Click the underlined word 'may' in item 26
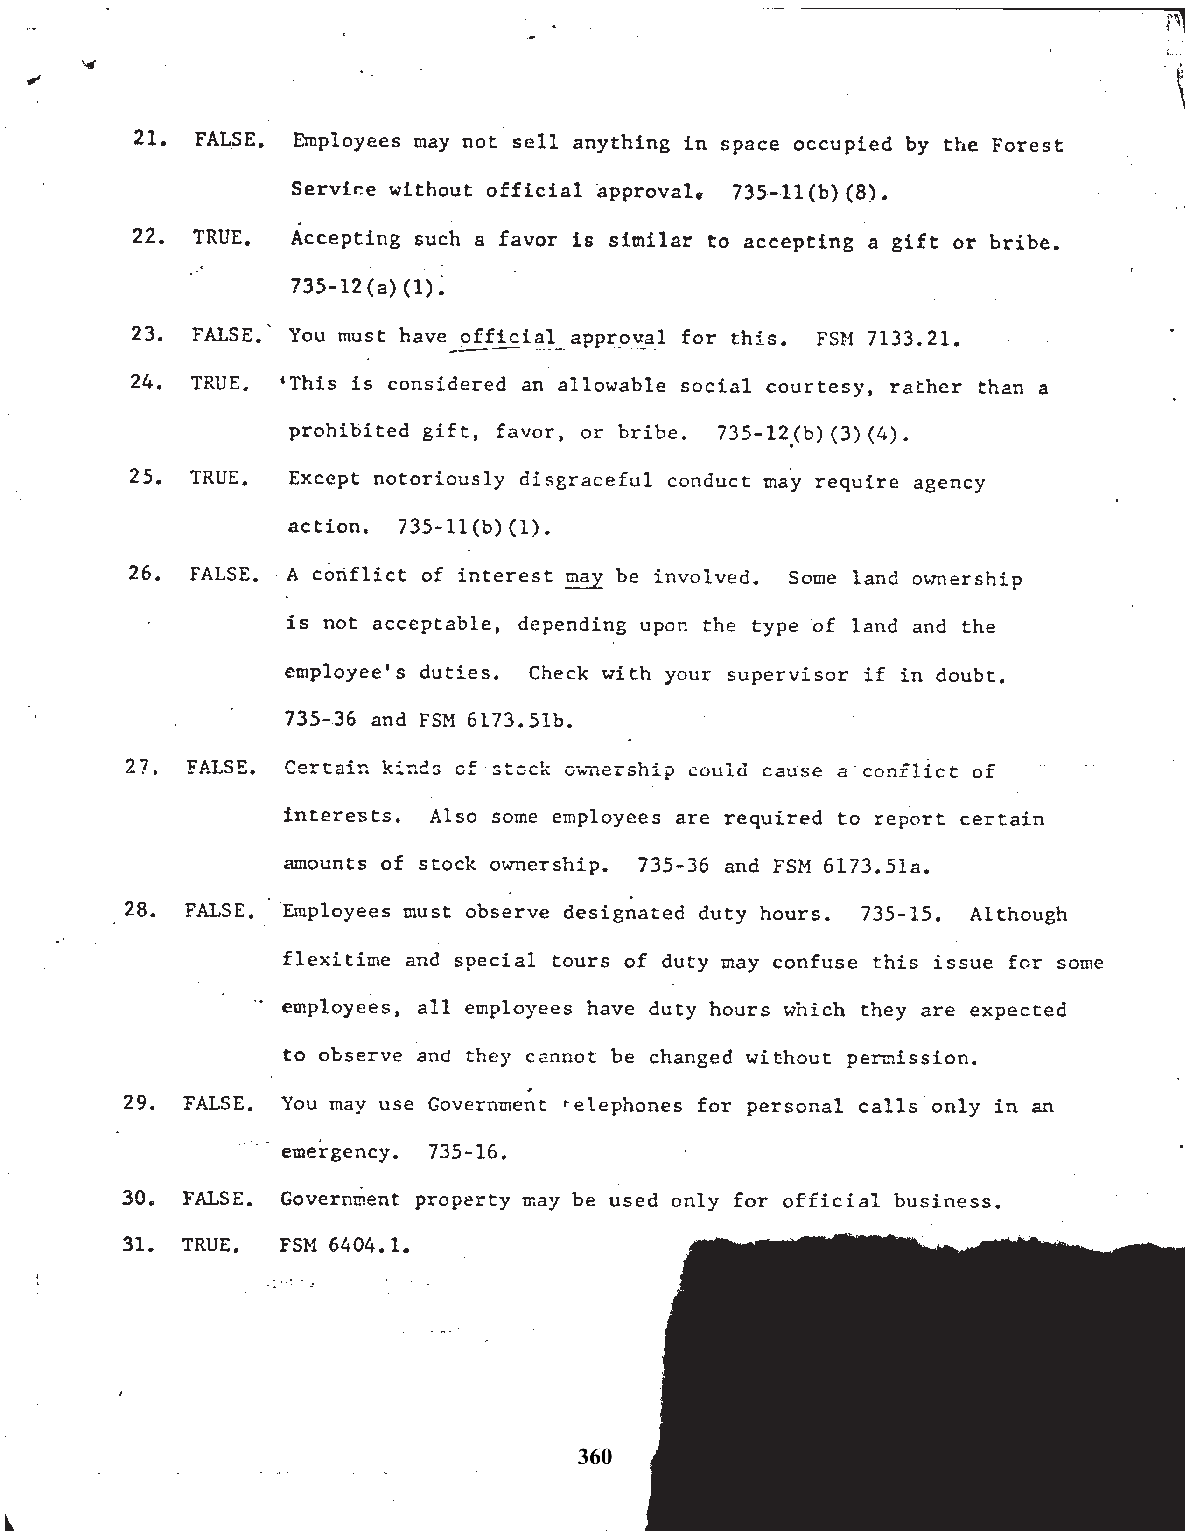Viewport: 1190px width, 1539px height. coord(584,577)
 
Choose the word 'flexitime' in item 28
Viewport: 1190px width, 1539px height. coord(336,960)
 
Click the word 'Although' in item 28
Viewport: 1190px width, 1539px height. coord(1018,914)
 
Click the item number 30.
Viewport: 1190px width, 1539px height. coord(138,1198)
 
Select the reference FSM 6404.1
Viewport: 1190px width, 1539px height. coord(343,1245)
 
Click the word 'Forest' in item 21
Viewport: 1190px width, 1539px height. coord(1027,145)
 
